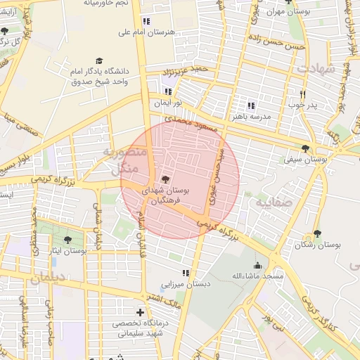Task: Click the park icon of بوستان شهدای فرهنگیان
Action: [x=165, y=179]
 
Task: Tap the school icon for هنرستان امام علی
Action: [x=146, y=21]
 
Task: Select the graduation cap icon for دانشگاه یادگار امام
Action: [x=99, y=61]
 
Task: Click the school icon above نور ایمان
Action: [x=167, y=91]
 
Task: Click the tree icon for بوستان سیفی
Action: [x=305, y=148]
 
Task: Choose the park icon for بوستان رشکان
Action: [x=317, y=233]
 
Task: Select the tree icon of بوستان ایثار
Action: [x=67, y=240]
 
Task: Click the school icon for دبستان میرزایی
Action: [x=186, y=273]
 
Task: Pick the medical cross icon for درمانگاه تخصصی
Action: [x=140, y=311]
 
